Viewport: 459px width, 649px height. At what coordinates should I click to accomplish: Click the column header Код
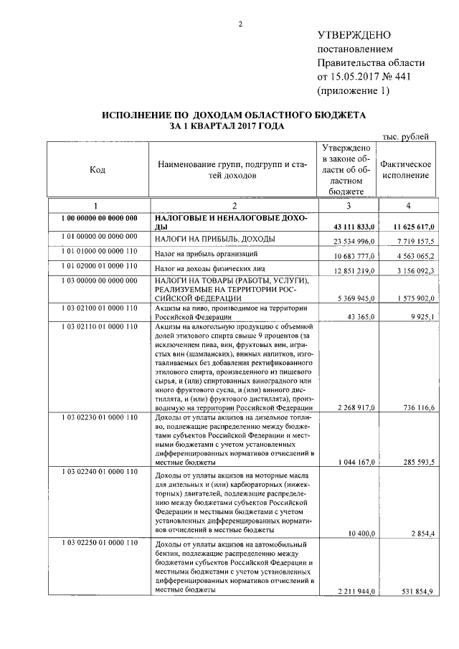97,170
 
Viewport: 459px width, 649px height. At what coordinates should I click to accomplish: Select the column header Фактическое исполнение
406,170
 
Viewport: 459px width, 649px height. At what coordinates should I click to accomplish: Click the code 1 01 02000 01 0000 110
95,266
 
